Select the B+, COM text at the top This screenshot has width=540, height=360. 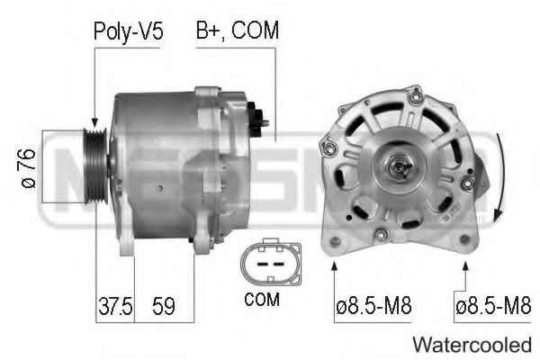238,31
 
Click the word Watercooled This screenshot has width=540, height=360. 472,343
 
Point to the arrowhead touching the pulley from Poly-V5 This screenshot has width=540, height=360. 94,123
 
